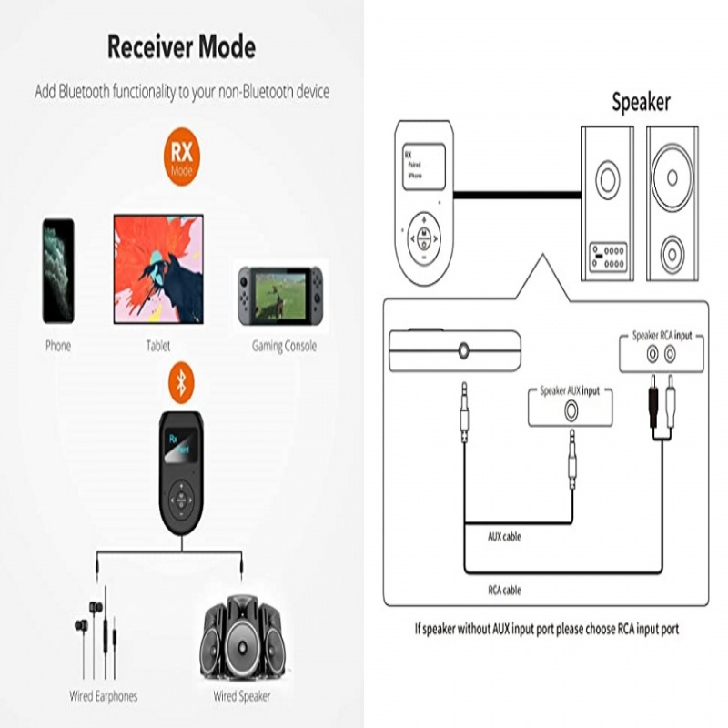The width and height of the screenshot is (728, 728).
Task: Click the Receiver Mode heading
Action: (x=181, y=46)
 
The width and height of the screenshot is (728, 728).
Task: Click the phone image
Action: (x=58, y=270)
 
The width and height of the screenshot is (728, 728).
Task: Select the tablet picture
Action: (x=158, y=269)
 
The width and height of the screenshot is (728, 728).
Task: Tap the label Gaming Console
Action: (x=284, y=347)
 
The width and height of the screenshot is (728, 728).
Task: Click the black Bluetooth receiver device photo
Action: (x=184, y=472)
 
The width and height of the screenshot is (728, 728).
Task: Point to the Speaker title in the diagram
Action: (x=640, y=102)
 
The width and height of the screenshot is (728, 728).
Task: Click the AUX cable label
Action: (x=505, y=536)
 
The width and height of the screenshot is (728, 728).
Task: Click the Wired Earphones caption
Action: (x=104, y=696)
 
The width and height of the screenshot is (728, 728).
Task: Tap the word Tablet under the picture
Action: (x=157, y=347)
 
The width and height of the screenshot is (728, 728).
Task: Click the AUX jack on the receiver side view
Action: (x=465, y=349)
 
